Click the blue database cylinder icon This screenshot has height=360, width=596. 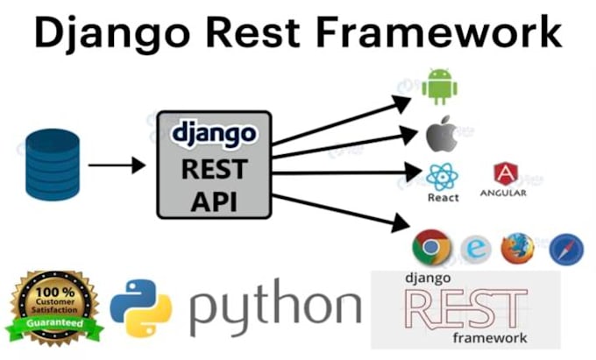[x=52, y=164]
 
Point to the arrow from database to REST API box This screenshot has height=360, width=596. [x=117, y=164]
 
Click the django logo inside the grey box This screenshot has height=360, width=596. [x=214, y=134]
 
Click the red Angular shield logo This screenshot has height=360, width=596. [x=503, y=173]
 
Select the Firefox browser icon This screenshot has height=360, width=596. [x=517, y=249]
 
